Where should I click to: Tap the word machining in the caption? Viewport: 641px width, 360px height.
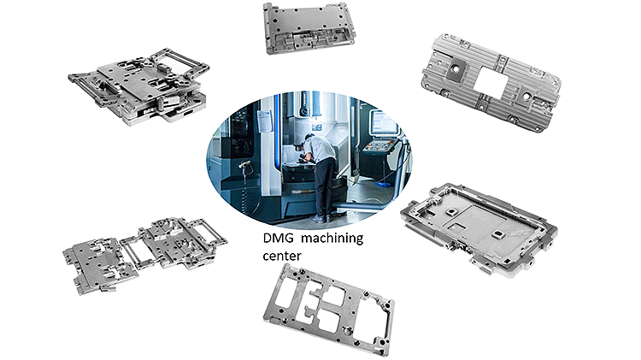[x=332, y=238]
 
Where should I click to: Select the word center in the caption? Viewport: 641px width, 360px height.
[x=282, y=256]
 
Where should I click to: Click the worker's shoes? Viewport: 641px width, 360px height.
[x=321, y=218]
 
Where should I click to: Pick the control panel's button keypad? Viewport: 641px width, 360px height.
[x=379, y=146]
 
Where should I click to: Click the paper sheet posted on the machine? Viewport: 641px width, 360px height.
[x=266, y=121]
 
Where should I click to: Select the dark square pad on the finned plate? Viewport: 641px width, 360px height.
[x=454, y=72]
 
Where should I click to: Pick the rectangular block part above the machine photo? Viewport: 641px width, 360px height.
[x=309, y=27]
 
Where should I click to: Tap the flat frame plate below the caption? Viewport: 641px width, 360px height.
[x=329, y=310]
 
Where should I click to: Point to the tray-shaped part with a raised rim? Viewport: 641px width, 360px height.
[x=479, y=230]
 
